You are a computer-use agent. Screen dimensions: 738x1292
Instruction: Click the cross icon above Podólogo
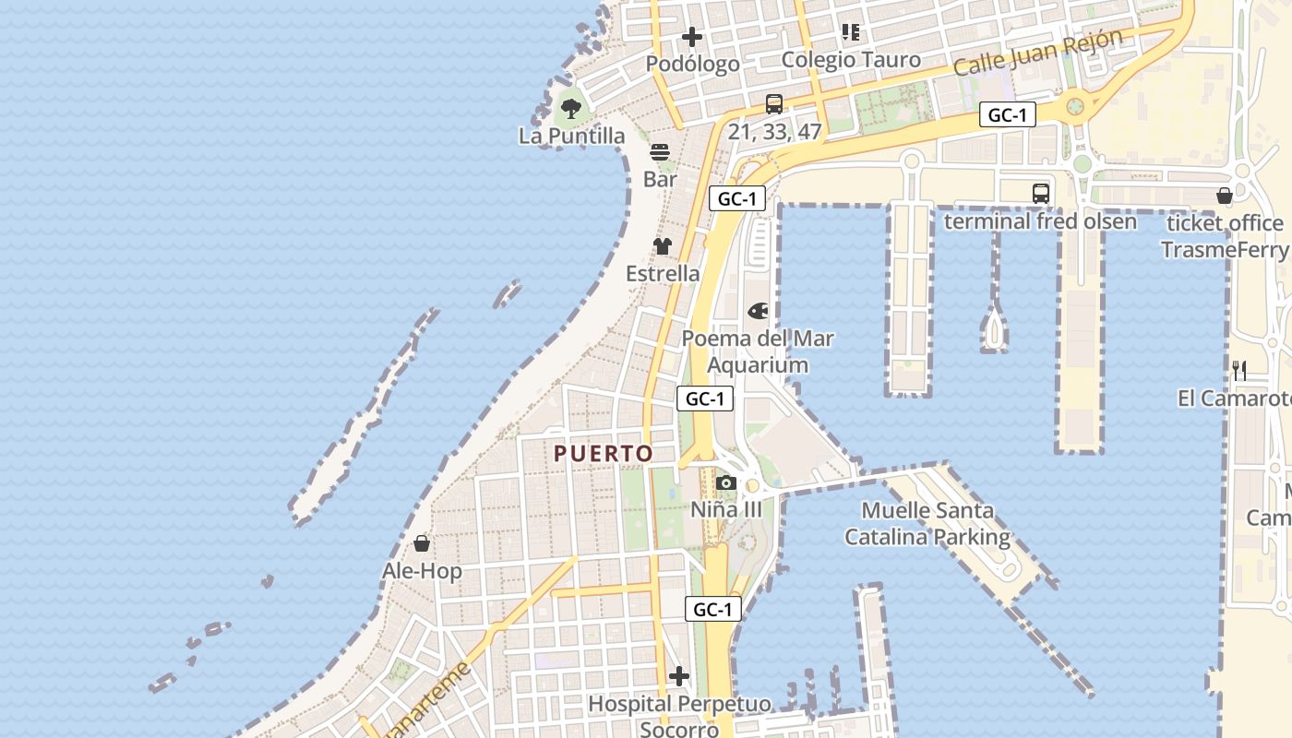pos(691,38)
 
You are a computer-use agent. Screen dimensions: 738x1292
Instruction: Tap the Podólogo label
pos(692,64)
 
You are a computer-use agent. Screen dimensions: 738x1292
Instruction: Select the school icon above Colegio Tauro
pos(851,33)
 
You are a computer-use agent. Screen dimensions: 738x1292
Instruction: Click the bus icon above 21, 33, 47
pos(773,104)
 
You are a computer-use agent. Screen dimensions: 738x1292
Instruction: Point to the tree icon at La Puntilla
pos(571,108)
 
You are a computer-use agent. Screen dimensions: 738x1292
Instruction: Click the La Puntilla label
pos(571,136)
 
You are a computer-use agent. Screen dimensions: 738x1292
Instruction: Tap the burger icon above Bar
pos(660,152)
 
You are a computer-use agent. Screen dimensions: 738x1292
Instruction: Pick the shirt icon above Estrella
pos(663,246)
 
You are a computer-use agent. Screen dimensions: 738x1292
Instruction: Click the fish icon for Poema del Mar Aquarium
pos(758,311)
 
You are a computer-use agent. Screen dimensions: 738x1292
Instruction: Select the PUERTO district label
pos(604,453)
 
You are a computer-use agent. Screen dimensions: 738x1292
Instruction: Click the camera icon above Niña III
pos(725,482)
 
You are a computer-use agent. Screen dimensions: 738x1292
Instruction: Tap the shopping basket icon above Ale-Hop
pos(422,543)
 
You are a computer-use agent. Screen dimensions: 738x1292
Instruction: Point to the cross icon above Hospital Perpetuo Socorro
pos(679,677)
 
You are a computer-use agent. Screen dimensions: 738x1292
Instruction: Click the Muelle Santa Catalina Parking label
pos(927,523)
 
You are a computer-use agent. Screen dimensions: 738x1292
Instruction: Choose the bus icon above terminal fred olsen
pos(1041,194)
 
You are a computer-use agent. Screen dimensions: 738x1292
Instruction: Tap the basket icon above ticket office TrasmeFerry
pos(1225,196)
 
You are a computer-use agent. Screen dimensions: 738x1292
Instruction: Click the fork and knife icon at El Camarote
pos(1239,371)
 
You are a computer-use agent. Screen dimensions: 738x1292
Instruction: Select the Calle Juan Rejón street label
pos(1037,53)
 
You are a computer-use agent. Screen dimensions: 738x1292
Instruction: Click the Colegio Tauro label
pos(851,60)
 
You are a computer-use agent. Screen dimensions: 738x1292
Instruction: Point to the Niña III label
pos(726,509)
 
